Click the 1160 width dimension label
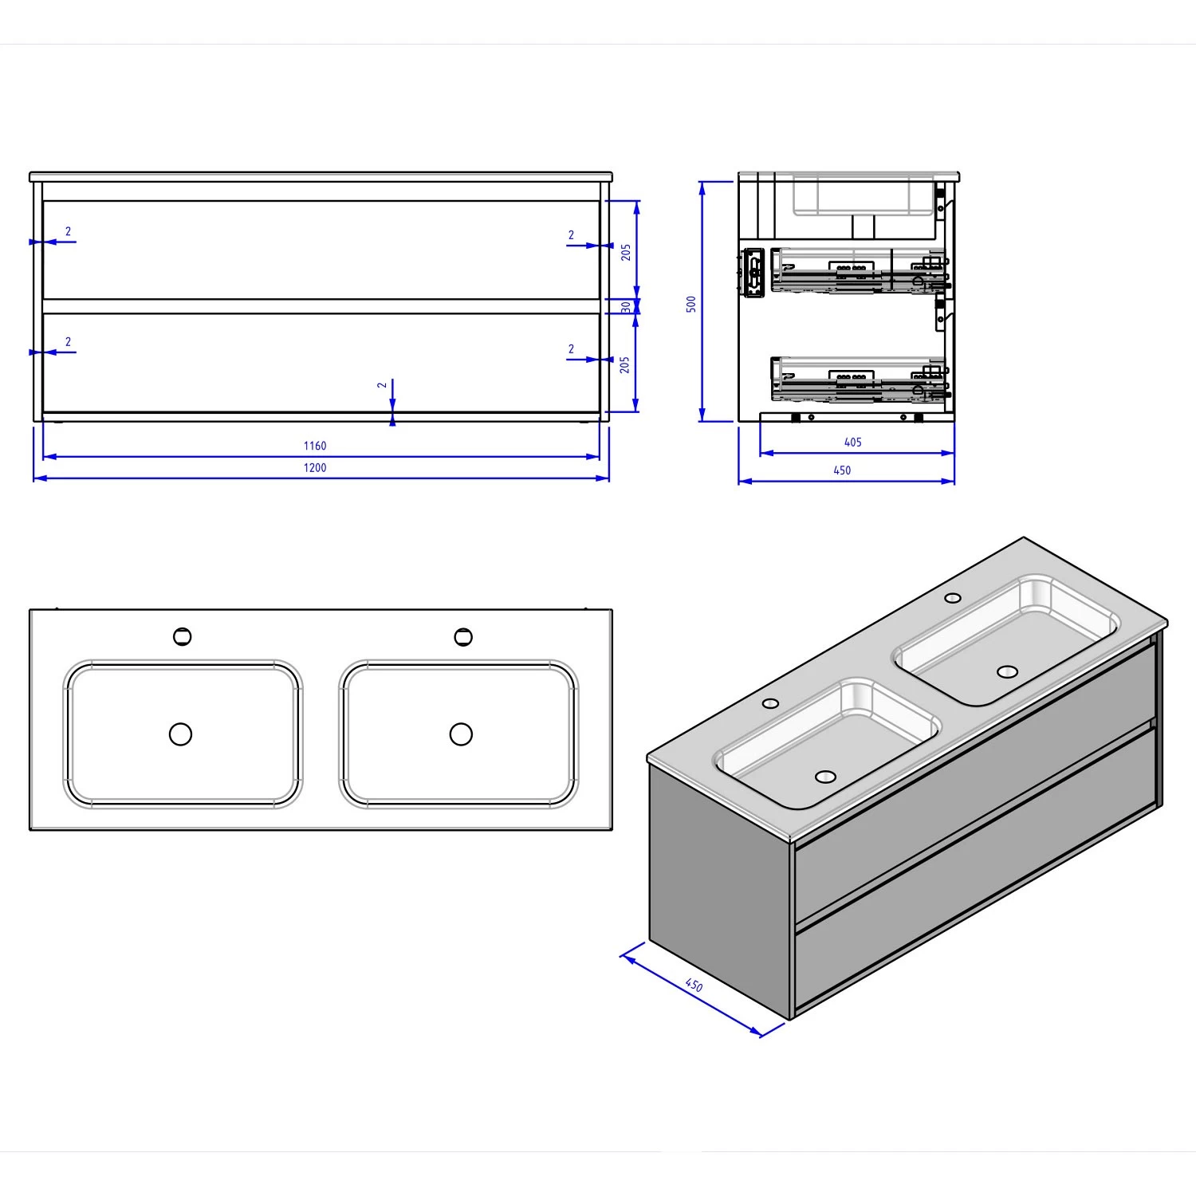pyautogui.click(x=315, y=446)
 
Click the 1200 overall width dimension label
pyautogui.click(x=315, y=468)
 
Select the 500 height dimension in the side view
pyautogui.click(x=691, y=304)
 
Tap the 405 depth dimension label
pyautogui.click(x=852, y=442)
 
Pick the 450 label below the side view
pyautogui.click(x=842, y=470)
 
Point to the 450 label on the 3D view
pyautogui.click(x=694, y=986)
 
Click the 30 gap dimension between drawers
pyautogui.click(x=626, y=306)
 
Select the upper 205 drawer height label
pyautogui.click(x=626, y=252)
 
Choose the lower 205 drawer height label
pyautogui.click(x=625, y=364)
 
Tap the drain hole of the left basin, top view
pyautogui.click(x=181, y=734)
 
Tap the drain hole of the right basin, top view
pyautogui.click(x=461, y=734)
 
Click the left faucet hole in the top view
pyautogui.click(x=183, y=637)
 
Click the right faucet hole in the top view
pyautogui.click(x=463, y=637)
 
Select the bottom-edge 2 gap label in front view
pyautogui.click(x=382, y=385)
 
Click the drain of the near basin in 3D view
pyautogui.click(x=825, y=775)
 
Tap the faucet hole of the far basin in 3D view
pyautogui.click(x=952, y=598)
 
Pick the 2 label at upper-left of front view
pyautogui.click(x=69, y=232)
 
